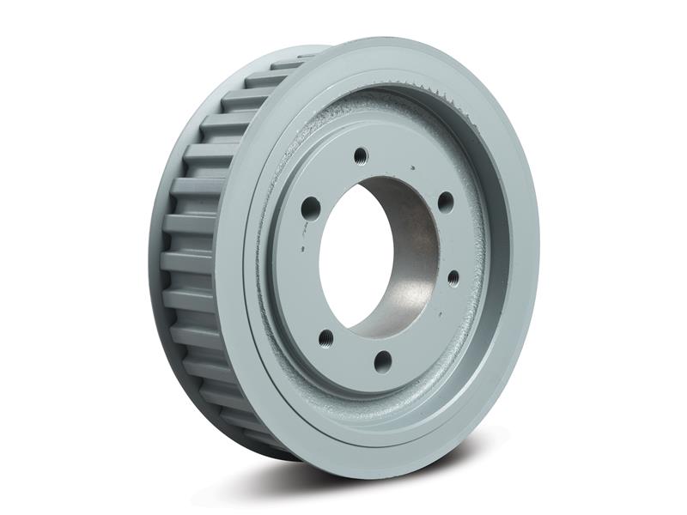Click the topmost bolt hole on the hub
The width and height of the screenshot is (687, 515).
coord(361,155)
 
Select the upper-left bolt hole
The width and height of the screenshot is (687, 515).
coord(311,207)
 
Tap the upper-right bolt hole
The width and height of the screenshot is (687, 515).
coord(445,203)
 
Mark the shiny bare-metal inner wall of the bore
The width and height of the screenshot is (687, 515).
coord(412,257)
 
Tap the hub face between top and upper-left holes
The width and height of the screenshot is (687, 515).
coord(331,176)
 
